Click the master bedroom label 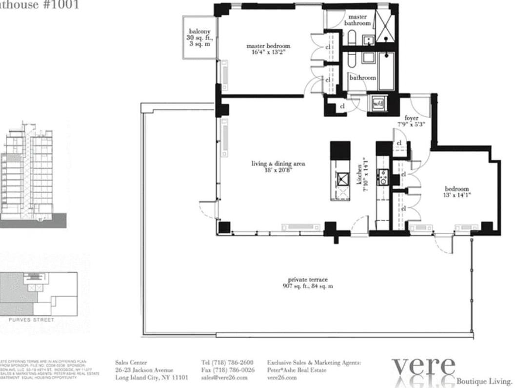coord(268,49)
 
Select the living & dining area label coord(271,167)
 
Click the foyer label coord(412,121)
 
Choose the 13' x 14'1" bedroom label coord(456,192)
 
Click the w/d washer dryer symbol coord(378,103)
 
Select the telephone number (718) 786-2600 coord(227,363)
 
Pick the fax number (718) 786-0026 coord(227,370)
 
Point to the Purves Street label coord(38,320)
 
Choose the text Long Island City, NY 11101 coord(151,377)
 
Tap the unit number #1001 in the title coord(60,5)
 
